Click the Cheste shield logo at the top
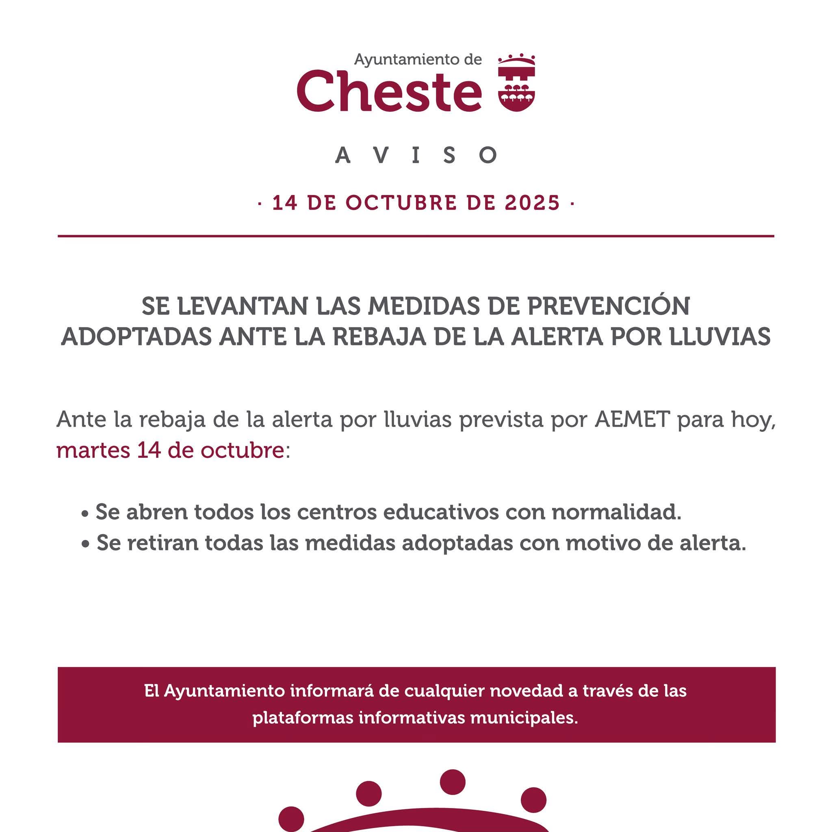click(x=516, y=83)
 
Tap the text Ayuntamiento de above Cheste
click(x=417, y=59)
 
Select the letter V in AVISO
click(x=379, y=156)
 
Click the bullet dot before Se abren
click(x=85, y=514)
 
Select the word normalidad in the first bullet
click(x=616, y=512)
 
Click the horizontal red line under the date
click(x=416, y=236)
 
